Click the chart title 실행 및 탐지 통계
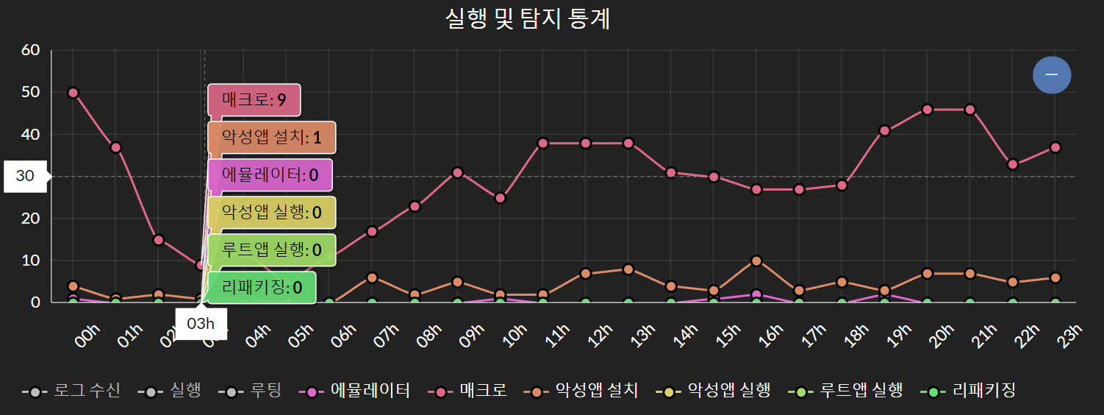point(528,18)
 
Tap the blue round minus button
point(1051,74)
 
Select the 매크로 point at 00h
point(73,93)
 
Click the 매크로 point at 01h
point(115,147)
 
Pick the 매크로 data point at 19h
point(884,131)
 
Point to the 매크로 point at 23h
point(1055,147)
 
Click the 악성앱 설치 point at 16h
point(756,260)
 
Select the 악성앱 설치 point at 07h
point(372,277)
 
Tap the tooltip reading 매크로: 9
point(254,101)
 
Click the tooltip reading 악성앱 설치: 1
point(271,138)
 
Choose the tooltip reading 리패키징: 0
point(262,288)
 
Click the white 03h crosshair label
point(201,324)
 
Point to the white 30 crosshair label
point(25,177)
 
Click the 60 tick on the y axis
point(30,50)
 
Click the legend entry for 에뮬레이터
point(355,391)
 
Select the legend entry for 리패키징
point(969,391)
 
